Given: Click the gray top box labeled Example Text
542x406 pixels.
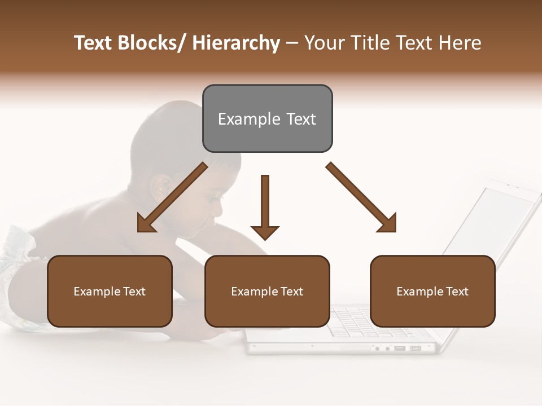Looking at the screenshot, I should coord(267,118).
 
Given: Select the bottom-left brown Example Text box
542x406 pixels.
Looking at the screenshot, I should coord(110,291).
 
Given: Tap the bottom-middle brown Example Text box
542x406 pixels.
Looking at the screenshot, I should coord(267,291).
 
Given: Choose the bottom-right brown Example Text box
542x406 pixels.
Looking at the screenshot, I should coord(432,291).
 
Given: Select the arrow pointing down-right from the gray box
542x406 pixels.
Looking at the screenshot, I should coord(361,197).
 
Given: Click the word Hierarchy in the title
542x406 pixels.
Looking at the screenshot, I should coord(236,43).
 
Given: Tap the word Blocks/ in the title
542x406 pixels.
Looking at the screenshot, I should coord(155,43).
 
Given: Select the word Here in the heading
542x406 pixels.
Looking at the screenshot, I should coord(460,43).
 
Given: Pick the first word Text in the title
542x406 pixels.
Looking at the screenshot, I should coord(94,43).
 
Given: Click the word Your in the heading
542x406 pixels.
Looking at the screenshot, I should coord(324,43).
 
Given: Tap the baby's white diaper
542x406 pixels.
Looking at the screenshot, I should coord(17,265).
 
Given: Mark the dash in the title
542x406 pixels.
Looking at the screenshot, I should coord(292,43).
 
